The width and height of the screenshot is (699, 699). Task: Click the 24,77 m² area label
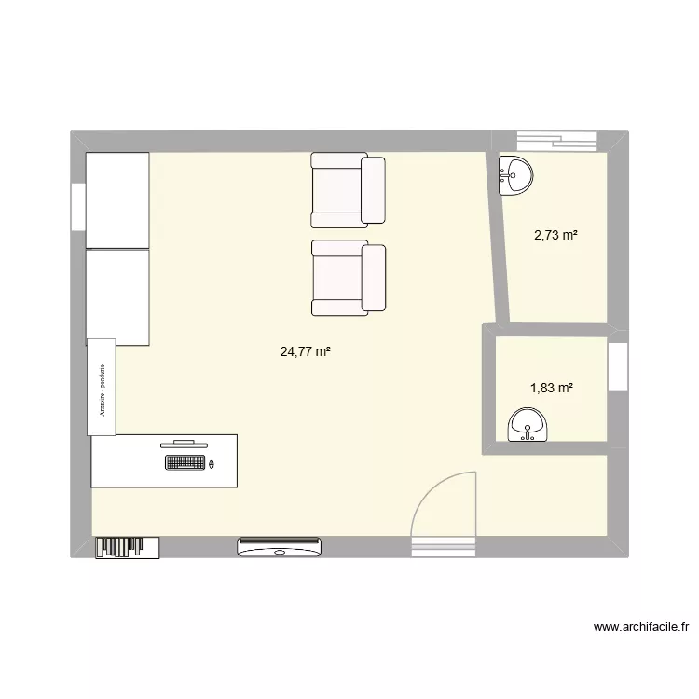pyautogui.click(x=306, y=352)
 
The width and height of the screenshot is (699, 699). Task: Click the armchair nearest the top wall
pyautogui.click(x=348, y=191)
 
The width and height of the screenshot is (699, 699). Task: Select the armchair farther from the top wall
pyautogui.click(x=348, y=276)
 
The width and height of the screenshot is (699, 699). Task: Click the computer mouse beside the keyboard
pyautogui.click(x=212, y=463)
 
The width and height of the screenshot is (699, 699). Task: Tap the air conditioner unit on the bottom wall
pyautogui.click(x=280, y=547)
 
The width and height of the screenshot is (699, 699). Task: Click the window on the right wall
pyautogui.click(x=616, y=365)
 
